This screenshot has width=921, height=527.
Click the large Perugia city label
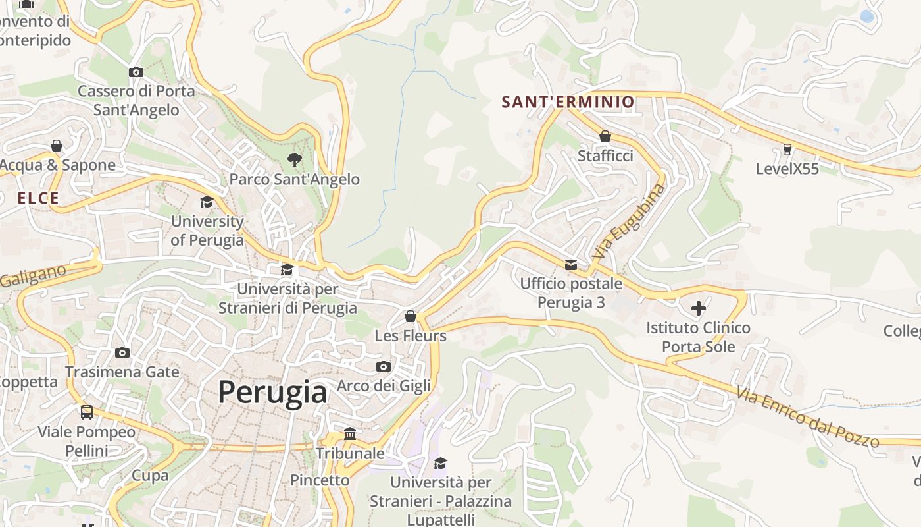click(x=272, y=393)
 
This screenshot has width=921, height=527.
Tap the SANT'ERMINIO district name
click(x=568, y=102)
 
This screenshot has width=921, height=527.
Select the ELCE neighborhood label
click(x=38, y=198)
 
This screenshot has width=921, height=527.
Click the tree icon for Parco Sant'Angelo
click(x=294, y=159)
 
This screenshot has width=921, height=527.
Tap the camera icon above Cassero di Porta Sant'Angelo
click(x=136, y=72)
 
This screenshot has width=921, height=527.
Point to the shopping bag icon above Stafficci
click(x=605, y=136)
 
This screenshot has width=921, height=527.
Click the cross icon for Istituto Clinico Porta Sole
click(x=698, y=308)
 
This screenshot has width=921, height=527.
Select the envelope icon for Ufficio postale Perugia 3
click(x=570, y=265)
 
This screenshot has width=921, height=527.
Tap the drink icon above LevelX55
click(x=787, y=150)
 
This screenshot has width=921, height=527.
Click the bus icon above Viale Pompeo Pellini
click(x=87, y=412)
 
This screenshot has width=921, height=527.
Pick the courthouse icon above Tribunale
click(x=350, y=434)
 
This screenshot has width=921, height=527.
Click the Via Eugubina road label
click(x=628, y=221)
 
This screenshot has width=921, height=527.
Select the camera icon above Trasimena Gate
click(x=122, y=353)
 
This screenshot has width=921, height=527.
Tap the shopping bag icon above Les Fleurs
click(x=411, y=316)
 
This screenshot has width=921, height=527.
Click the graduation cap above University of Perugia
click(x=207, y=202)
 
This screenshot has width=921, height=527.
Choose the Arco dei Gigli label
click(x=384, y=385)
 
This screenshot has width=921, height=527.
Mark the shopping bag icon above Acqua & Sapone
click(x=57, y=146)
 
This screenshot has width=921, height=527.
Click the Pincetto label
click(x=320, y=480)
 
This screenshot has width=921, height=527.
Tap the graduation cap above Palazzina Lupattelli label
click(x=440, y=463)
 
